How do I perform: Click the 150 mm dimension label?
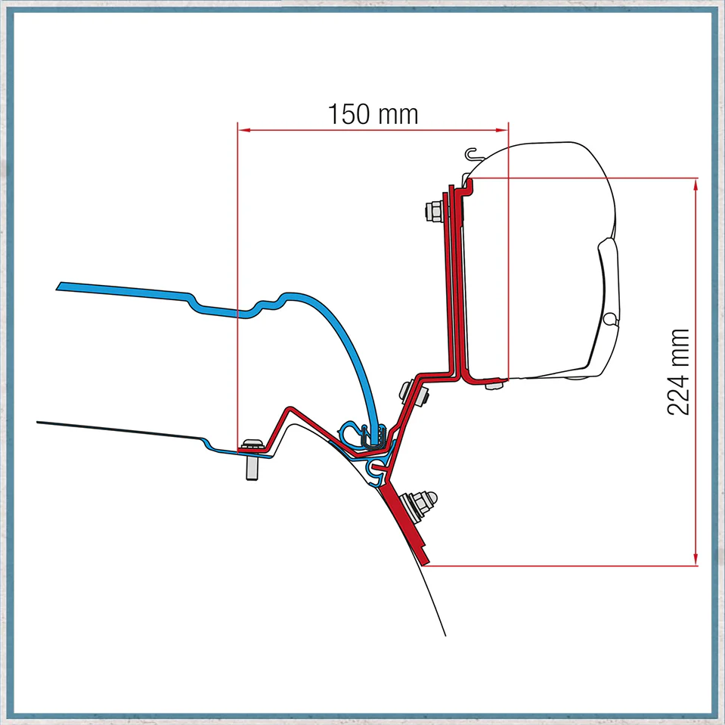click(x=373, y=114)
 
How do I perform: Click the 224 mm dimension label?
click(x=678, y=372)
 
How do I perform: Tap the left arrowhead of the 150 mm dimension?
click(x=244, y=130)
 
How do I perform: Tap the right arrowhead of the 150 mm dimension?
click(x=502, y=130)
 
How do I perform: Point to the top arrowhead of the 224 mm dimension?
click(x=696, y=184)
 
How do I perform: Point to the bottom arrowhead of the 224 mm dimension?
click(x=696, y=559)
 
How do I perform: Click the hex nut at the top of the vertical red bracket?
click(x=434, y=212)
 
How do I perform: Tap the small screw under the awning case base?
click(x=494, y=385)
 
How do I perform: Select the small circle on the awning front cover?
click(x=610, y=319)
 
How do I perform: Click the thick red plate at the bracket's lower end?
click(x=405, y=523)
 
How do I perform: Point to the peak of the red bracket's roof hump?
click(x=290, y=409)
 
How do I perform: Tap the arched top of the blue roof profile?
click(x=290, y=295)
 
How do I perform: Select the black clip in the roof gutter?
click(x=373, y=438)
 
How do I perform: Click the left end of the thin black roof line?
click(x=38, y=422)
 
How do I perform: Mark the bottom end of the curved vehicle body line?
click(x=445, y=636)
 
